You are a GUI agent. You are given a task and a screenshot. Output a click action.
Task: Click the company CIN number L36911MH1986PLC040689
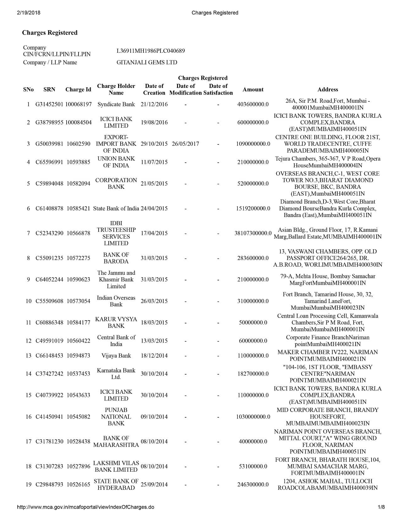point(150,51)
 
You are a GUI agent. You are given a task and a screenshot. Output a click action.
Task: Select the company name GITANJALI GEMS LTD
point(147,62)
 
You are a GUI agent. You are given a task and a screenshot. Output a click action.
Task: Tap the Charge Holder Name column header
point(116,89)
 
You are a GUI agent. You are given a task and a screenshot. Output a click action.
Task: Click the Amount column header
point(253,89)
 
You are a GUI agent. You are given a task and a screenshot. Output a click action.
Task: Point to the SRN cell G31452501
point(49,104)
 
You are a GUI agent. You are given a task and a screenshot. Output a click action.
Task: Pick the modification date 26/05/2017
point(185,144)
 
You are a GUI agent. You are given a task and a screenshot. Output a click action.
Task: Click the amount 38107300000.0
point(253,233)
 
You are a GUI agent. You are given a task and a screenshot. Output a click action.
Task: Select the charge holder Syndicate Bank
point(116,104)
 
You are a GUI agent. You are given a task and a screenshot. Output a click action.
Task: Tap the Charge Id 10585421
point(78,209)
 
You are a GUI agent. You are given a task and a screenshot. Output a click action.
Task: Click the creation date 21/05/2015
point(154,183)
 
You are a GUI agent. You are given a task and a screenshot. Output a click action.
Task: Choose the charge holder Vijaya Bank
point(116,356)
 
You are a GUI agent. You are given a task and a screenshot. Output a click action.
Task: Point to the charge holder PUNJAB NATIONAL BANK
point(116,417)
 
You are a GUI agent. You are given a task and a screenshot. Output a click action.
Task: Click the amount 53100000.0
point(253,466)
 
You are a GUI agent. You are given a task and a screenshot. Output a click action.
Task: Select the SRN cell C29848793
point(49,485)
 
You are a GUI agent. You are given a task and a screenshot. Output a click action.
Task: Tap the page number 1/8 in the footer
point(381,507)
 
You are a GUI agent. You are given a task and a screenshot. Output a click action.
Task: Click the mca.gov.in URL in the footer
point(86,507)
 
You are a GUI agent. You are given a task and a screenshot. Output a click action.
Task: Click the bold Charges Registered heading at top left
point(50,33)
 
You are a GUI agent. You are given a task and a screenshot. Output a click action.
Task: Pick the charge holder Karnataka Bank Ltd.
point(116,374)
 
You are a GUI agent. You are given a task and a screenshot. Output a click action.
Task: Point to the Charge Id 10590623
point(78,279)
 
